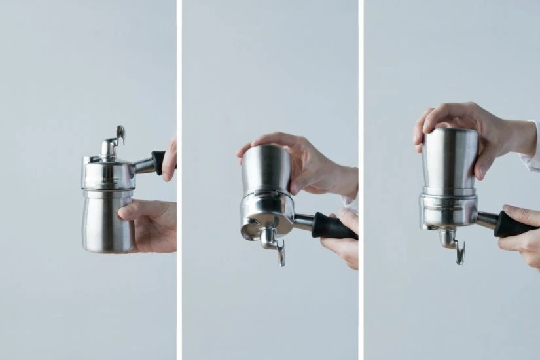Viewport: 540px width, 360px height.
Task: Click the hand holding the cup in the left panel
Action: (x=154, y=223)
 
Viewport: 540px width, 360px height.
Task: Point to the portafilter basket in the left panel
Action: (x=108, y=173)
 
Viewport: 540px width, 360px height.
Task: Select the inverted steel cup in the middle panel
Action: (x=265, y=170)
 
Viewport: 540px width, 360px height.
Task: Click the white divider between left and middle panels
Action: (x=179, y=180)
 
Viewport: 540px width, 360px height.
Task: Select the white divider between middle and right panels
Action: (x=361, y=180)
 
